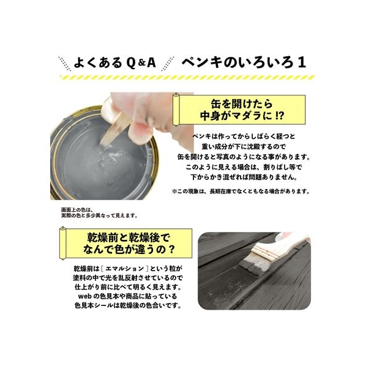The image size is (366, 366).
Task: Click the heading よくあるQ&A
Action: coord(114,63)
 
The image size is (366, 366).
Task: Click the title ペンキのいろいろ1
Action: coord(244,63)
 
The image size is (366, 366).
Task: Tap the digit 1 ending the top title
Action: coord(302,63)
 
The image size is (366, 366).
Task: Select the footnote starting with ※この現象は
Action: coord(241,192)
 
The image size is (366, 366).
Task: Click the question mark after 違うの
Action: coord(171,249)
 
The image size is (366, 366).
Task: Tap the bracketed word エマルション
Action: coord(125,269)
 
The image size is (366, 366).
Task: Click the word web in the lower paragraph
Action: coord(85,296)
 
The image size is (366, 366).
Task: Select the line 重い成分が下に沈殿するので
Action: coord(244,147)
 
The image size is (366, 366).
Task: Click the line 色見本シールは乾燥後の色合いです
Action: coord(128,305)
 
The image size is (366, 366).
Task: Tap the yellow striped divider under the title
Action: coord(187,78)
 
